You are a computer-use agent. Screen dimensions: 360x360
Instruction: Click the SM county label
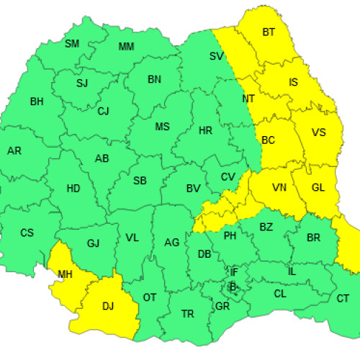72,44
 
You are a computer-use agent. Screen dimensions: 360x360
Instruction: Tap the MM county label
126,48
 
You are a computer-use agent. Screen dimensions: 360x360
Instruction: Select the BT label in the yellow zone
269,32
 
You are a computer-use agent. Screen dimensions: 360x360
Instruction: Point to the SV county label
216,56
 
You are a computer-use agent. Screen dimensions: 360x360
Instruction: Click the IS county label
293,82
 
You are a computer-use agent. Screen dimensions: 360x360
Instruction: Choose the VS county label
318,132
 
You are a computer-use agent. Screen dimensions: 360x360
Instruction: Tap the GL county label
318,187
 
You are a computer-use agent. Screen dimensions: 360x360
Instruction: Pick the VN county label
279,187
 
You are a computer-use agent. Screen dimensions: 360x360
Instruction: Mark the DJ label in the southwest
108,306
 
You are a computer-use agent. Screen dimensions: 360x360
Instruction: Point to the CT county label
343,298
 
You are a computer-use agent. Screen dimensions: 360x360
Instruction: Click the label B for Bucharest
232,286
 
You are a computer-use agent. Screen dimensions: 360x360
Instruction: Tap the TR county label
188,314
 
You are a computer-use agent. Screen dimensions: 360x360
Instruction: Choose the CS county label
27,233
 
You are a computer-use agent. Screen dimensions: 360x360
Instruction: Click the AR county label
14,151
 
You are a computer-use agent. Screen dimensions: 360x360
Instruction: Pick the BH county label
37,102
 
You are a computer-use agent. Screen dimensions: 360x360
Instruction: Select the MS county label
163,127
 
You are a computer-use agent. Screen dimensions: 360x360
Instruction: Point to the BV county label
193,189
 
